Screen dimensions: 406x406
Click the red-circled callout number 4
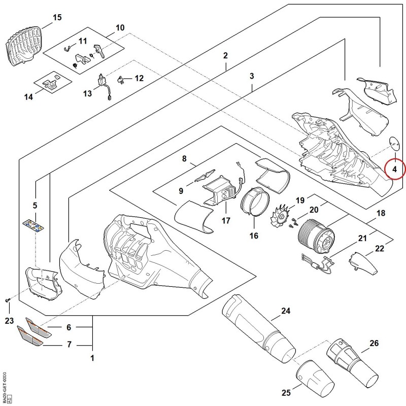pos(394,170)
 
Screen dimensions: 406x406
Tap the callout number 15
pos(57,17)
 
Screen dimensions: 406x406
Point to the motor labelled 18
pos(316,236)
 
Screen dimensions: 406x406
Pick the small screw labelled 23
pos(7,300)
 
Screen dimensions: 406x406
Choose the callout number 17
pos(226,221)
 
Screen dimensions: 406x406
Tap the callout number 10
pos(120,27)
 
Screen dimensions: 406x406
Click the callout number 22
pos(379,249)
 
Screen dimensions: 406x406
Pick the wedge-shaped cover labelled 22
pos(363,262)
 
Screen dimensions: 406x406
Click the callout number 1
pos(92,358)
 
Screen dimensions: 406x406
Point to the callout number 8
pos(184,158)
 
